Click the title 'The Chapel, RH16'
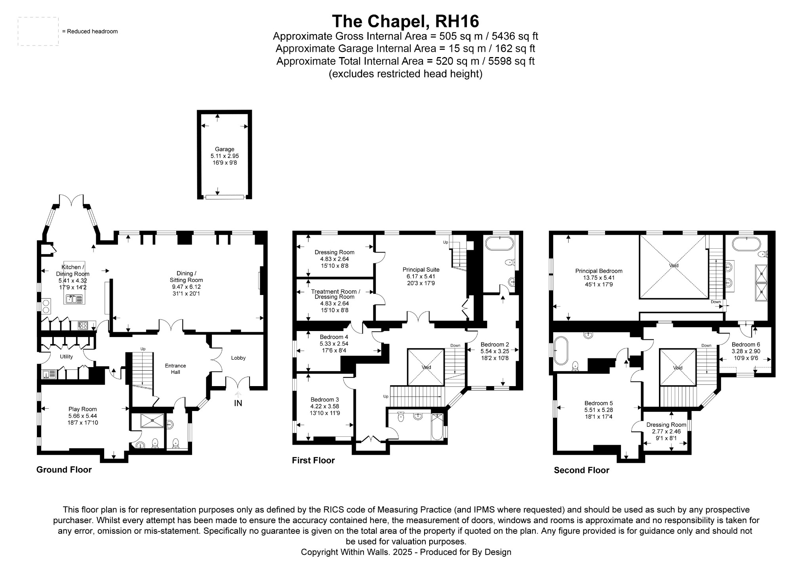point(405,21)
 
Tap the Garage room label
point(225,149)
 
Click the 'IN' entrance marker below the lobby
point(238,403)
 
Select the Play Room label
point(82,409)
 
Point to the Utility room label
point(66,356)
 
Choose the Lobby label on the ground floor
point(238,358)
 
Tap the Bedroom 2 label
point(495,345)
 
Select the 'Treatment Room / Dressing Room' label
point(335,294)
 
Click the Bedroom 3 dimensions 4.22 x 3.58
point(324,406)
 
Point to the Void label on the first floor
point(426,367)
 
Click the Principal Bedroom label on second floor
point(598,271)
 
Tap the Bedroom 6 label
point(746,345)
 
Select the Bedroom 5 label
point(598,403)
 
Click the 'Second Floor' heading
point(581,470)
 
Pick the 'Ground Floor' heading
point(64,470)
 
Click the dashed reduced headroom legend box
point(38,31)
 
